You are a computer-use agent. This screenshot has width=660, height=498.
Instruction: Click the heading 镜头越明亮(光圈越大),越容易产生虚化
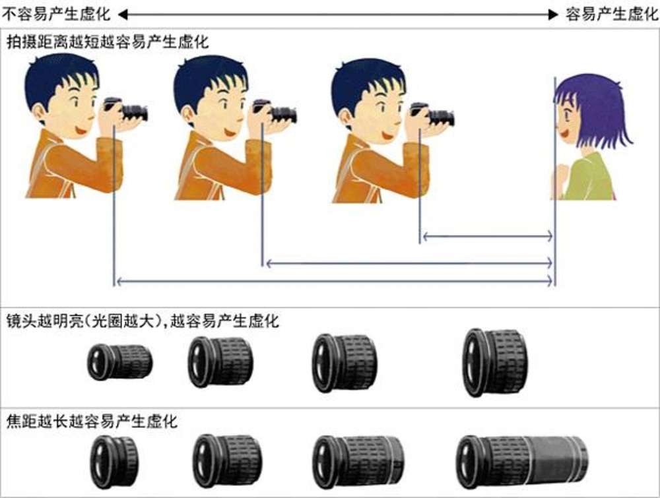[x=143, y=321]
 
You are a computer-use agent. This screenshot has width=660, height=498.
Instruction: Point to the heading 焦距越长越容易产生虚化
[x=92, y=421]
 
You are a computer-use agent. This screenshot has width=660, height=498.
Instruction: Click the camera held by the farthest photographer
[x=129, y=111]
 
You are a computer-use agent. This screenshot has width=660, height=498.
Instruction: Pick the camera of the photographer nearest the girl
[x=436, y=115]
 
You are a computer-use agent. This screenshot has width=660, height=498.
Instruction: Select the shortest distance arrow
[x=487, y=235]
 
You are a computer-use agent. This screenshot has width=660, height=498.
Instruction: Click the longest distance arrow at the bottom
[x=334, y=282]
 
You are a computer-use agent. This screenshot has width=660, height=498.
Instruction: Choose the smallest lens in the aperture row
[x=119, y=361]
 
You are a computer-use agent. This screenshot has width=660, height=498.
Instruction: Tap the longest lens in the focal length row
[x=521, y=461]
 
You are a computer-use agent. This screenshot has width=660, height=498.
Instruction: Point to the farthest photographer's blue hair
[x=63, y=73]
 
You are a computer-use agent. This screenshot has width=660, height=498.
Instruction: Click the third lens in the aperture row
[x=344, y=363]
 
